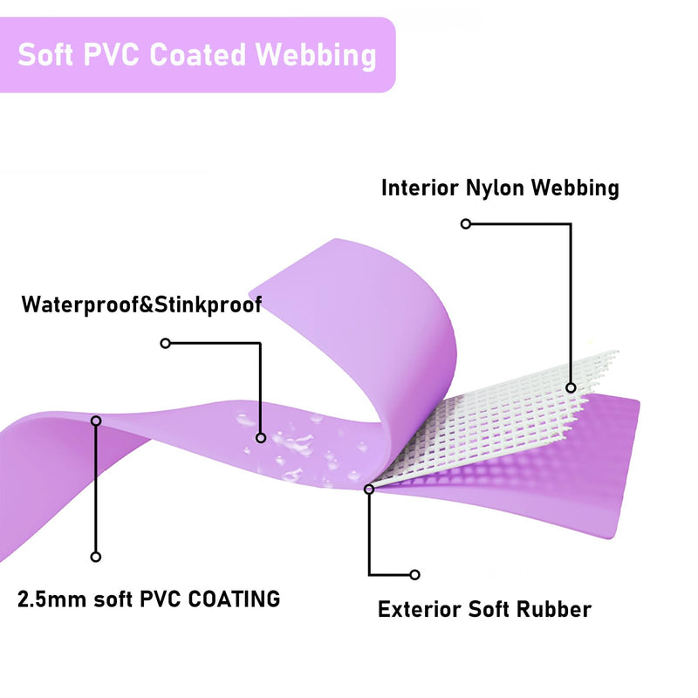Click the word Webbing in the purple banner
click(x=316, y=56)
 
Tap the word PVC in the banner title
click(x=111, y=55)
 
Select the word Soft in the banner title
click(x=45, y=55)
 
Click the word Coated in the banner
click(x=197, y=55)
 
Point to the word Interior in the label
click(x=420, y=188)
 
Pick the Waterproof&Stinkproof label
click(x=141, y=305)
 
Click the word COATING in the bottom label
click(x=234, y=599)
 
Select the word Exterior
click(x=420, y=609)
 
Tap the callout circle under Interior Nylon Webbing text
click(x=466, y=223)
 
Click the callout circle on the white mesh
click(x=571, y=387)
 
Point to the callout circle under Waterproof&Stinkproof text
click(x=166, y=343)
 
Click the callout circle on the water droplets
click(x=261, y=438)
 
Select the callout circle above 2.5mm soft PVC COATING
click(x=96, y=557)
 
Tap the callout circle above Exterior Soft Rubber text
click(x=415, y=575)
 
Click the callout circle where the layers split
click(x=369, y=489)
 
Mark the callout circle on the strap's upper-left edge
click(x=96, y=421)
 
